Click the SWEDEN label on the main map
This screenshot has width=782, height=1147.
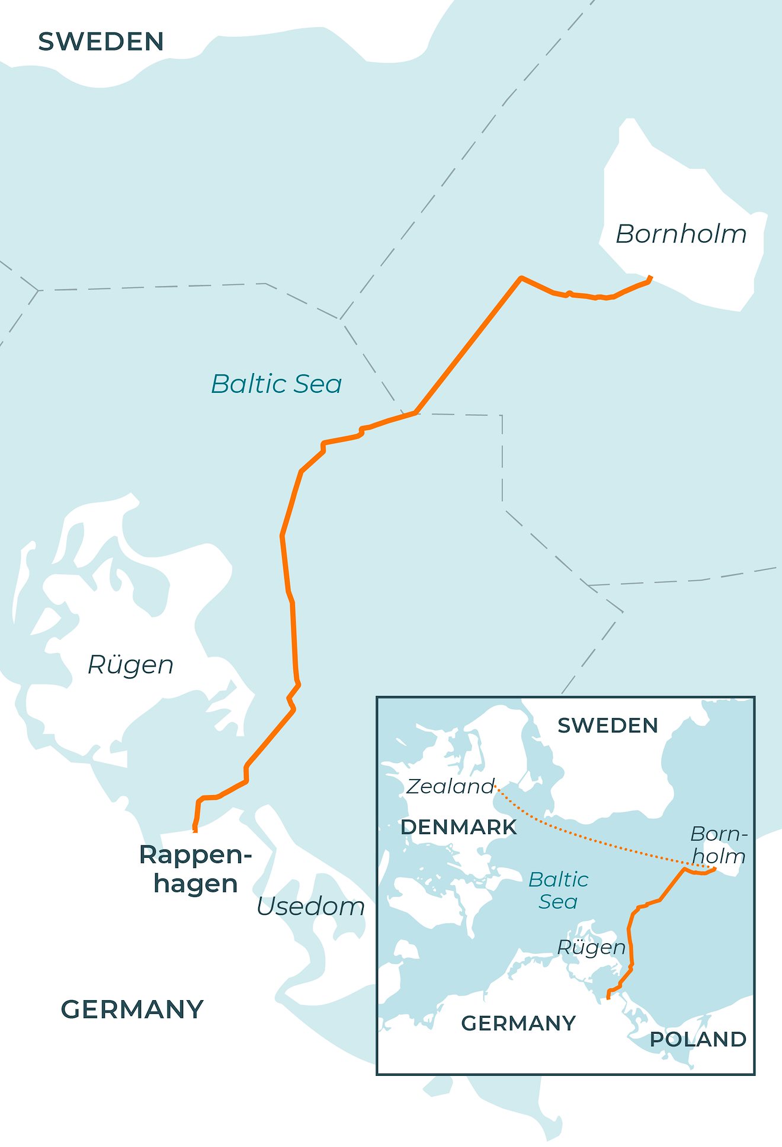[101, 42]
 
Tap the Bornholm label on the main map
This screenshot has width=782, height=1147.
[681, 234]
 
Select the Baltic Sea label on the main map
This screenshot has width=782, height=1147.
[277, 384]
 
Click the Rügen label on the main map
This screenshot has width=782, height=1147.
[130, 665]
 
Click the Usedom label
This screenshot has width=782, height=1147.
[310, 906]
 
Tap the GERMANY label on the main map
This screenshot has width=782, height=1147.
[132, 1010]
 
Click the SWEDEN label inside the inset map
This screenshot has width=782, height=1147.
[608, 726]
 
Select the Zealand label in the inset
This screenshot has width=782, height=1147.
[450, 787]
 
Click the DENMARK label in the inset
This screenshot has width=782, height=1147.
[459, 827]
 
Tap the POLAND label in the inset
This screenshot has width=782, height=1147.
[698, 1039]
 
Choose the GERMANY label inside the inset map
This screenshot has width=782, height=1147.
[518, 1023]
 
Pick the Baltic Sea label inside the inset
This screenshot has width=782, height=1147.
[558, 890]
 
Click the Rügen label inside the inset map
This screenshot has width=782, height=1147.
[591, 947]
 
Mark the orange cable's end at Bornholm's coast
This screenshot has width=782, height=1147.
[650, 277]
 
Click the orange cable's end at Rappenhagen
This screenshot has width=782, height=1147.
[195, 830]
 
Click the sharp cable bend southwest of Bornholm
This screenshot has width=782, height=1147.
[521, 278]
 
